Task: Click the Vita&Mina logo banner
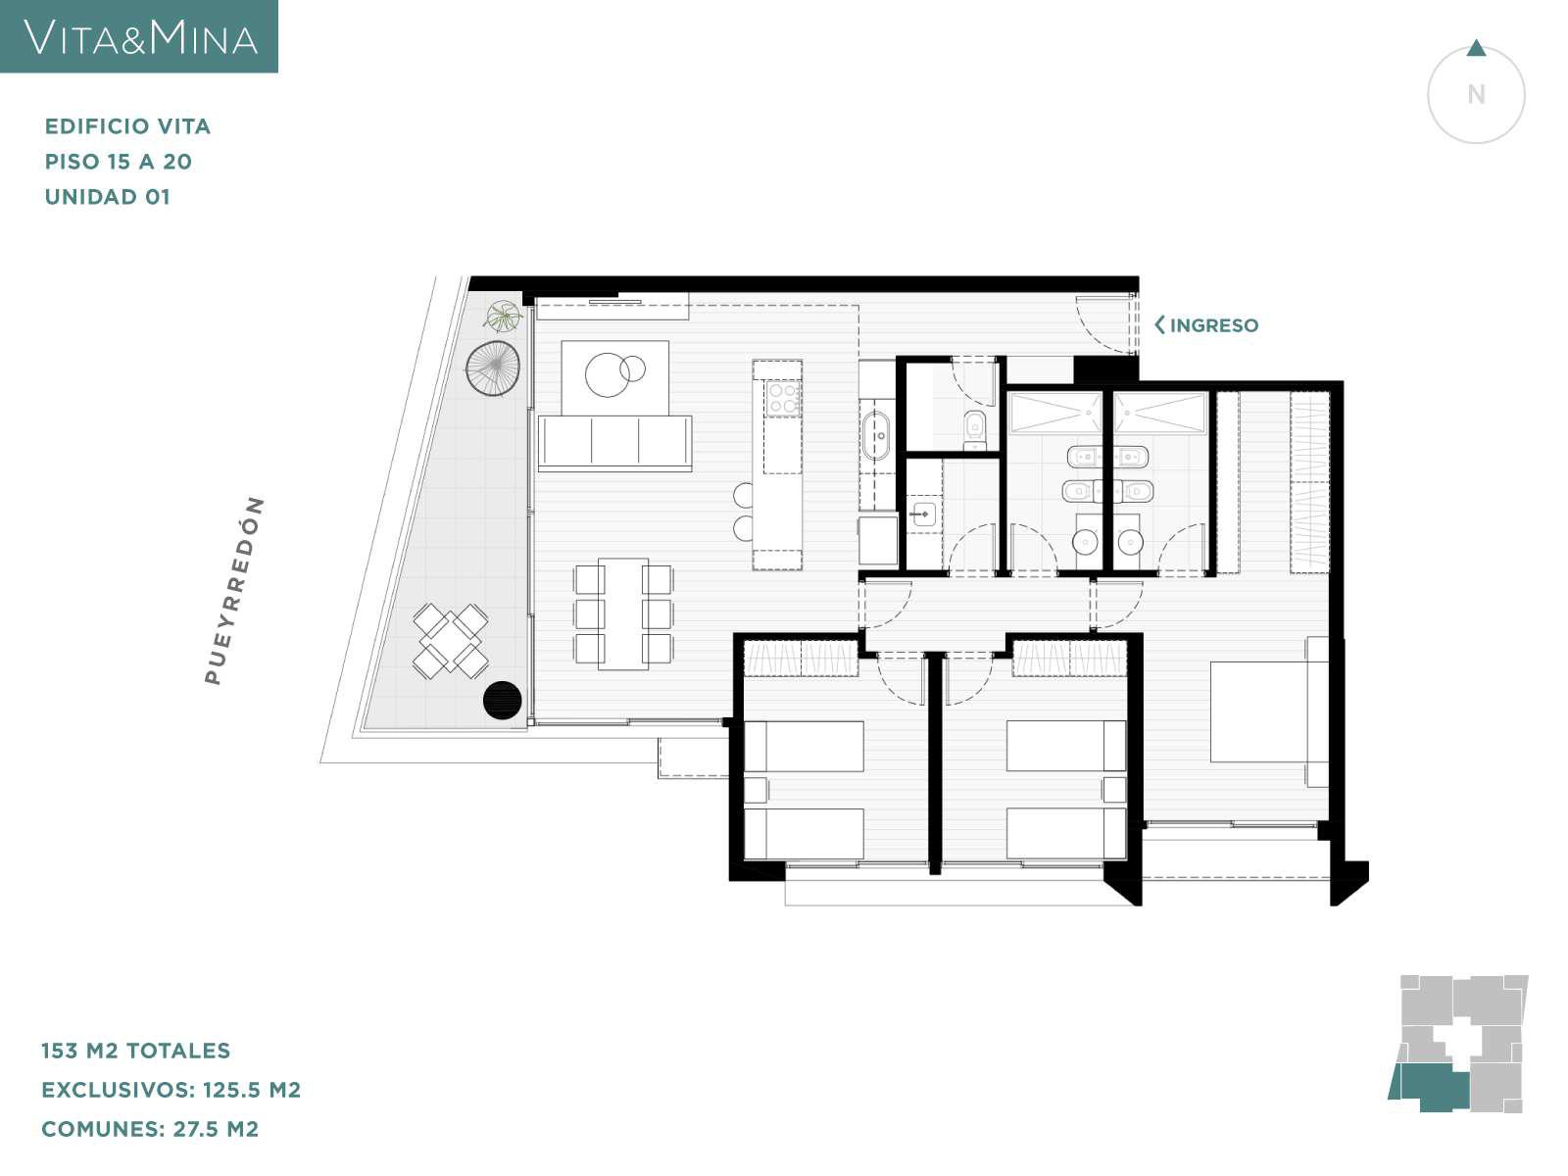point(138,35)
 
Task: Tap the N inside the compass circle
point(1476,94)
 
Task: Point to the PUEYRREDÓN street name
point(234,591)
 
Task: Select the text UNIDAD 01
point(107,197)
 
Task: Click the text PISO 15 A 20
point(119,162)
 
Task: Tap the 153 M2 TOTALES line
point(135,1051)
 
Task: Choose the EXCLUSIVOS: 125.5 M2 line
point(171,1090)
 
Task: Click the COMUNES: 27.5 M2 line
point(150,1129)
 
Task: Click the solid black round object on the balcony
point(502,701)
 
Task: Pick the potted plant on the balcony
point(503,316)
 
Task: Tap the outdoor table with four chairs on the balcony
point(451,641)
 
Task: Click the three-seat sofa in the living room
point(615,443)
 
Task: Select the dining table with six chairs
point(623,613)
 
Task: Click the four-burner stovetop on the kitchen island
point(782,399)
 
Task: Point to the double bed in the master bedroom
point(1269,711)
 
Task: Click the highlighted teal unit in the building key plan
point(1429,1088)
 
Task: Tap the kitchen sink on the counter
point(876,435)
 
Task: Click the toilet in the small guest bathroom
point(974,430)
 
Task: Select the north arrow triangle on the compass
point(1476,49)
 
